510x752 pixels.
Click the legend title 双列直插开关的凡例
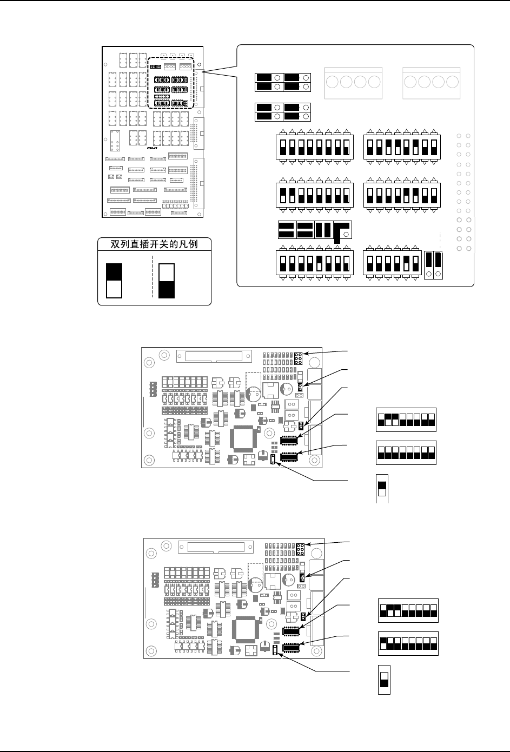tap(154, 244)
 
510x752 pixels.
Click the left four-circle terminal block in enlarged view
tap(353, 83)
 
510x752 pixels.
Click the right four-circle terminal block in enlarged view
tap(432, 83)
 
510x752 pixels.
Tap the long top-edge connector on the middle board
tap(213, 357)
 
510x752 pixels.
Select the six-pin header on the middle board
tap(298, 357)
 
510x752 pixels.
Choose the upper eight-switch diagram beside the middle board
tap(406, 419)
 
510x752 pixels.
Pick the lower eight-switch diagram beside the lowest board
tap(408, 643)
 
